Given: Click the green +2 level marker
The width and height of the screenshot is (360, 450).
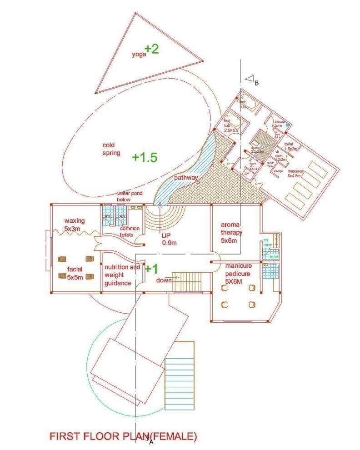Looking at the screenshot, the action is [152, 49].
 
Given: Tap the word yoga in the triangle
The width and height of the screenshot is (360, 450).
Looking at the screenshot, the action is [139, 54].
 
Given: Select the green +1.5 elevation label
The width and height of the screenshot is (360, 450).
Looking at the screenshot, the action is [145, 157].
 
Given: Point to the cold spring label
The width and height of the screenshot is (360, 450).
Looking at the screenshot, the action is [111, 149].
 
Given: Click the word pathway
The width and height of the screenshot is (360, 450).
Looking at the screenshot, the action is [185, 177].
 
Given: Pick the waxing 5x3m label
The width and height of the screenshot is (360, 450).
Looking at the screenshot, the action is [74, 224].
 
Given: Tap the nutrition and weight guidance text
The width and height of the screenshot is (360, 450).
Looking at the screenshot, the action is [122, 275].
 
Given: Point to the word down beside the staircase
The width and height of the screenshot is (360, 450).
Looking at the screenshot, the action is [164, 280].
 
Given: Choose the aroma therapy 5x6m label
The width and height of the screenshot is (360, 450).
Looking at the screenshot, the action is [232, 232].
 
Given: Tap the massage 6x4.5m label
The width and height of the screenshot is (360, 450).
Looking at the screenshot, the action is [295, 174].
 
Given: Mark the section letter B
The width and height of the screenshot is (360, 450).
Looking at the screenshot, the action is [257, 83].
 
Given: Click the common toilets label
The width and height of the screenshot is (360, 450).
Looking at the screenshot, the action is [130, 232].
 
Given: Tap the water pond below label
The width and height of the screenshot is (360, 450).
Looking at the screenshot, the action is [130, 196].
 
